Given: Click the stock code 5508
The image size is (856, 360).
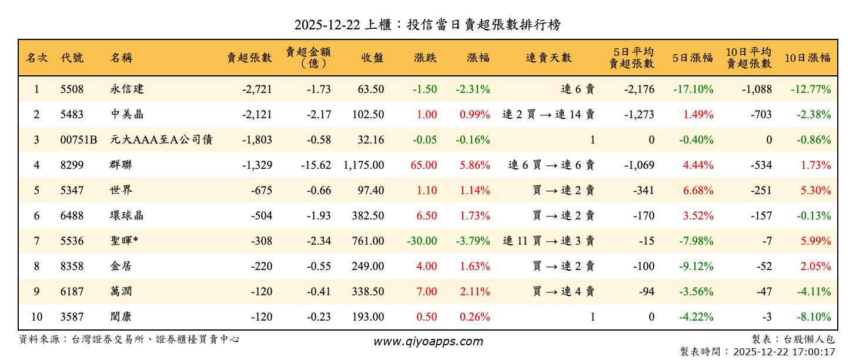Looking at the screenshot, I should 72,89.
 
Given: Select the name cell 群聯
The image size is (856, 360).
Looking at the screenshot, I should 122,165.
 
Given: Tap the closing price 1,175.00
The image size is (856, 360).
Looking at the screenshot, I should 363,165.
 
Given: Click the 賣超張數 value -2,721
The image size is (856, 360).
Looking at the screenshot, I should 257,89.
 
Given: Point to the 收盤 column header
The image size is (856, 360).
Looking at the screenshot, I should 372,58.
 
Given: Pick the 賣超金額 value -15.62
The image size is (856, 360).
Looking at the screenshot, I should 316,165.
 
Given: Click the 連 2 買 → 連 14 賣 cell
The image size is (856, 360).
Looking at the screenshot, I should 548,115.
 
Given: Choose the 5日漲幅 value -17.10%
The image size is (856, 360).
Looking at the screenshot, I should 693,89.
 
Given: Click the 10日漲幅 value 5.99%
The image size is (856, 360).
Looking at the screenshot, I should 816,241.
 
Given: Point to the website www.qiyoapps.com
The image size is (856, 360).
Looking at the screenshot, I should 428,341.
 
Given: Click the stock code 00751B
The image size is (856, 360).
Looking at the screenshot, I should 79,140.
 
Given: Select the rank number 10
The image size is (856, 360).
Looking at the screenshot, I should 36,317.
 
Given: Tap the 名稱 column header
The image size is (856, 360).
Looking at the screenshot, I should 121,58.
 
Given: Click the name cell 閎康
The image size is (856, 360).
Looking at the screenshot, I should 121,317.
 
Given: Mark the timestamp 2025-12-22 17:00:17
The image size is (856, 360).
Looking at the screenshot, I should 784,352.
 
